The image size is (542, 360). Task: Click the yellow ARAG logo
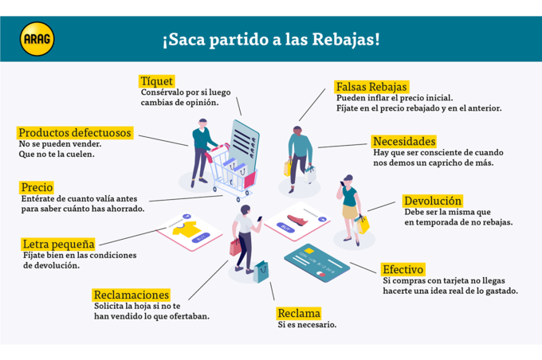37,39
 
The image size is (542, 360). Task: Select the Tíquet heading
156,81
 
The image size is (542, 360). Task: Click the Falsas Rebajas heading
371,87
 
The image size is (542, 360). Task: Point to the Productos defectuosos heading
75,133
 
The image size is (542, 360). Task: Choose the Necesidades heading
404,141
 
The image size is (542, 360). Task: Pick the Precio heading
37,187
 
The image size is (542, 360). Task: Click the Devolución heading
433,201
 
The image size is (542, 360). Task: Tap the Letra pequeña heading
58,244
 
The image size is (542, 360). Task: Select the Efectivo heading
403,269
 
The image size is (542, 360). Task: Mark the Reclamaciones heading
132,295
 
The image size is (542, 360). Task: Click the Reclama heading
299,313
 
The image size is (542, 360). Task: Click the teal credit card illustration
316,264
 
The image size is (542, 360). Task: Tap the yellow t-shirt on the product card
187,229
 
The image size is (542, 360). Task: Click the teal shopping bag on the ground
261,272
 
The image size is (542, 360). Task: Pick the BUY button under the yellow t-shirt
201,237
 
